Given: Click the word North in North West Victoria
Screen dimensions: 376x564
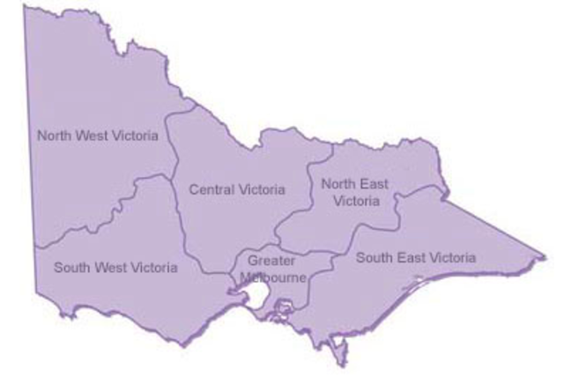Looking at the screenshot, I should [x=52, y=136].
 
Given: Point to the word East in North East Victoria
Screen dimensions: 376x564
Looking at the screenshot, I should [x=367, y=183].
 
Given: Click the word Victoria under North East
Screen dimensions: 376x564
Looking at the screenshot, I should [x=350, y=201].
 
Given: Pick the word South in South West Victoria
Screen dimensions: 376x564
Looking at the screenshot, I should [x=70, y=267].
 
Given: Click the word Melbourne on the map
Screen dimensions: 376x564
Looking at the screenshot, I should [x=274, y=276].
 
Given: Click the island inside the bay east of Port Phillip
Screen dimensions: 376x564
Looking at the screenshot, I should [x=284, y=308].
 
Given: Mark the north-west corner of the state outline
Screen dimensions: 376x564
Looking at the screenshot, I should [x=26, y=7].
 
